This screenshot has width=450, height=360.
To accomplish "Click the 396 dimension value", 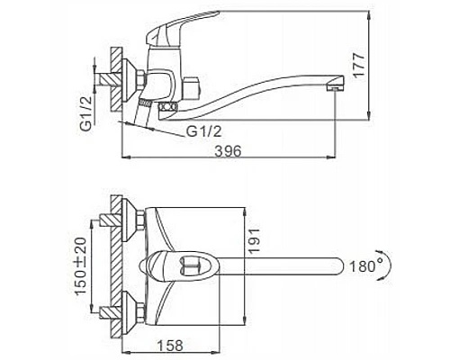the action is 229,151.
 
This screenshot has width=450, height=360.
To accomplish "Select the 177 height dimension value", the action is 358,66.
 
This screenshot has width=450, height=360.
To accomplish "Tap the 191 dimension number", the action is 253,241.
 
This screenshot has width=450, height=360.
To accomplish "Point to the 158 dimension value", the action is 170,346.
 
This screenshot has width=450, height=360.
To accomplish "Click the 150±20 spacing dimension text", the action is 81,266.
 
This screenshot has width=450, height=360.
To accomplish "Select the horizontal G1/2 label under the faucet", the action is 204,131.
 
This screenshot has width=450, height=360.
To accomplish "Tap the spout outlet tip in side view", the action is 335,88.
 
